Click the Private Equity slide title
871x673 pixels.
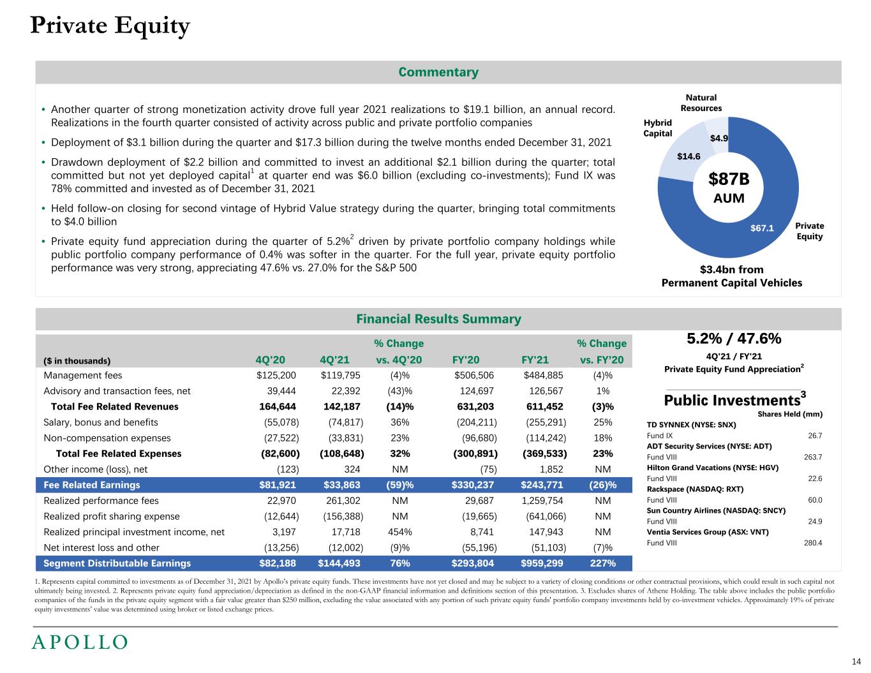[x=110, y=26]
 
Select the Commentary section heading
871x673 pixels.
[x=438, y=72]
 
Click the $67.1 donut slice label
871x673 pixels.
[x=763, y=228]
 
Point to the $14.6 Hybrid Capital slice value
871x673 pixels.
[x=689, y=156]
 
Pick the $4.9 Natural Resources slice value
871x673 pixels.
[x=719, y=138]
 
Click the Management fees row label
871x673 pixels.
[x=82, y=375]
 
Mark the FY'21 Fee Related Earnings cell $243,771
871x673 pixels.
[x=543, y=485]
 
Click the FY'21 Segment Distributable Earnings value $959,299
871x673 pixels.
[x=543, y=563]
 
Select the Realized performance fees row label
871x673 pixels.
[x=101, y=501]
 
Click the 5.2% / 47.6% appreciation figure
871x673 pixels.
[x=733, y=338]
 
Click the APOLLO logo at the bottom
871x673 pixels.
[x=80, y=642]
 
